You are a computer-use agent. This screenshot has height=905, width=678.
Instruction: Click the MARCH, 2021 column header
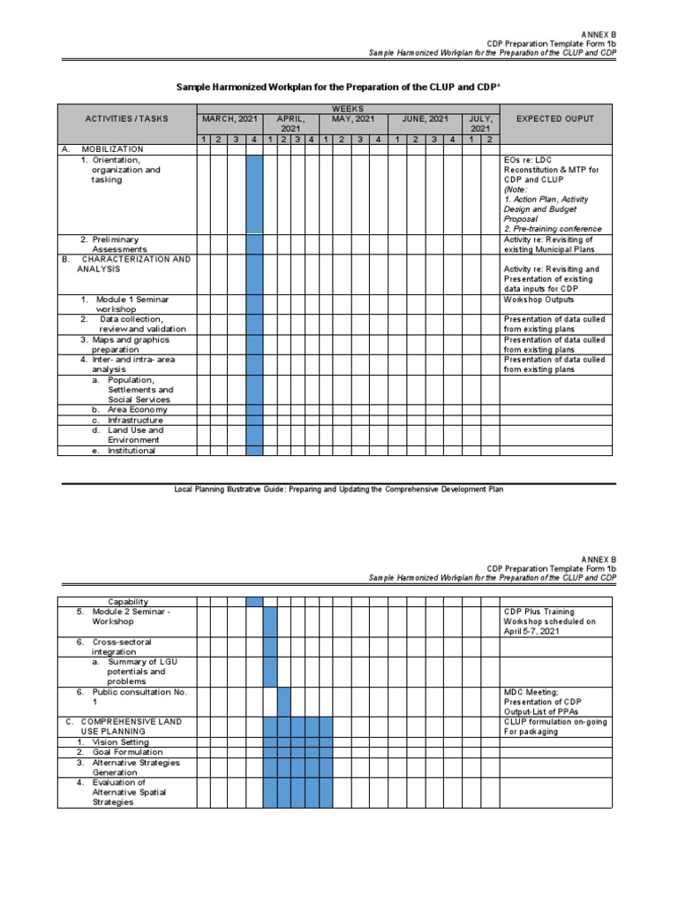point(229,118)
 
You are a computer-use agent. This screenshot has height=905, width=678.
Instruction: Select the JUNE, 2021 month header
point(425,118)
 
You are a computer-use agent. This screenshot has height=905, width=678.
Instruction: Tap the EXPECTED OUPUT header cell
point(554,118)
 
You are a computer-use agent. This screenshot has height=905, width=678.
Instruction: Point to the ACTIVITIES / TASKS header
point(126,118)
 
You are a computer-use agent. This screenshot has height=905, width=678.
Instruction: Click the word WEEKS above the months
point(348,108)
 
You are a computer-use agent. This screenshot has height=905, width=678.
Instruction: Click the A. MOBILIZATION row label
point(106,149)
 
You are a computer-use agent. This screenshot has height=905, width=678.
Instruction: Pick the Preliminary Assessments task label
point(109,244)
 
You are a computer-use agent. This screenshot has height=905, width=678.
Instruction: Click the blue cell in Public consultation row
point(284,701)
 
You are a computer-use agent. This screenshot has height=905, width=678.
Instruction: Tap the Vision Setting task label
point(112,742)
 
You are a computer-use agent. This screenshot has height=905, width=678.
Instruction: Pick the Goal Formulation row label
point(117,752)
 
